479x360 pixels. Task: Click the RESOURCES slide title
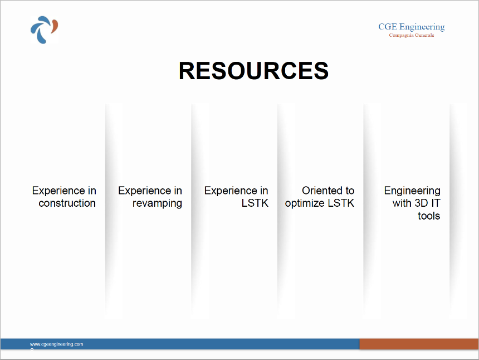tap(253, 71)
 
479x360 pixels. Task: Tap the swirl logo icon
tap(45, 30)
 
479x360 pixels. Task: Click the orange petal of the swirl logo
tap(55, 27)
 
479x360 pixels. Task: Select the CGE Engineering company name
tap(412, 27)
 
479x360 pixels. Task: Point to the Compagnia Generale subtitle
tap(412, 35)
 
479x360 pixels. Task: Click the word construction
tap(67, 203)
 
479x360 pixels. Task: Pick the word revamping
tap(157, 203)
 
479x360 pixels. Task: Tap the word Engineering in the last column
tap(412, 191)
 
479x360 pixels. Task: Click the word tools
tap(429, 216)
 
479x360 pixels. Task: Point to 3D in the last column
tap(421, 203)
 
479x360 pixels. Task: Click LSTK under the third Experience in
tap(255, 203)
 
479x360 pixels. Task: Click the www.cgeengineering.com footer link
tap(56, 344)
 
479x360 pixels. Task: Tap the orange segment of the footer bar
tap(419, 344)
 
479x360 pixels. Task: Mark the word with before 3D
tap(402, 203)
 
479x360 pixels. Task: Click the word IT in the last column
tap(436, 203)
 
